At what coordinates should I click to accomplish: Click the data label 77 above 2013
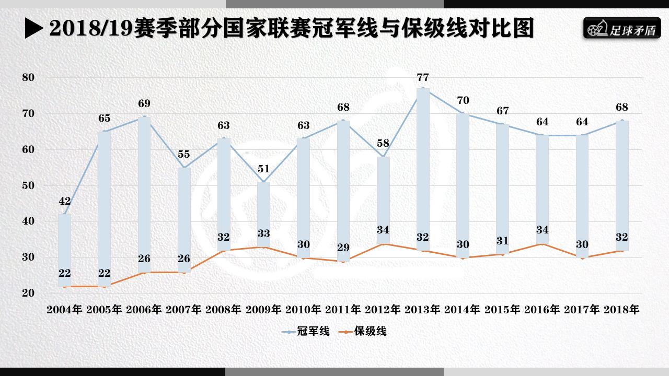point(423,77)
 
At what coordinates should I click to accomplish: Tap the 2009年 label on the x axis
point(263,309)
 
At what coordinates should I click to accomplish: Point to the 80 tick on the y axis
point(28,77)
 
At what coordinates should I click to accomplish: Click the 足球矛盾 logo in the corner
point(621,29)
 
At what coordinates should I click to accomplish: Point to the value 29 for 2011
point(343,248)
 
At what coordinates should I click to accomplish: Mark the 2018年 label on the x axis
point(621,309)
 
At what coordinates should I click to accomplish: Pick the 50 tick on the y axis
point(28,185)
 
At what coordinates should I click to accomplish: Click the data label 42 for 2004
point(64,202)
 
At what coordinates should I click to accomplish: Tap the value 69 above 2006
point(144,103)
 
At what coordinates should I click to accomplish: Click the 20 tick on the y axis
point(28,293)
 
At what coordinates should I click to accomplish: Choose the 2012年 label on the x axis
point(383,309)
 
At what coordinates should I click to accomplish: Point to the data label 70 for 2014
point(463,100)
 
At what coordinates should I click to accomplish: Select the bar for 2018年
point(621,185)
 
